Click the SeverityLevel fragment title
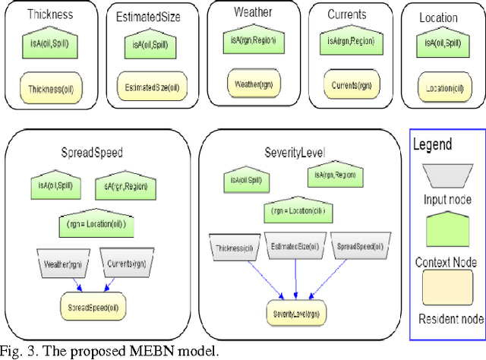coord(292,152)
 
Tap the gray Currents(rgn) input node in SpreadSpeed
coord(127,263)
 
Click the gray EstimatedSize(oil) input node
coord(293,246)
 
